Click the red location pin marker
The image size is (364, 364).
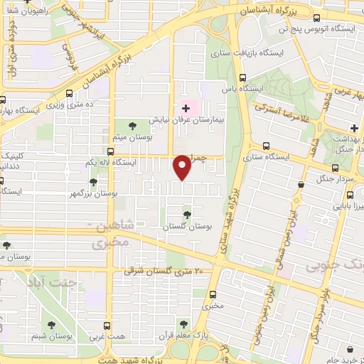pos(183,166)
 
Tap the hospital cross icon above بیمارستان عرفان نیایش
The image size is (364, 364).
pos(186,109)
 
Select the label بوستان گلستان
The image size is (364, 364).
pos(188,225)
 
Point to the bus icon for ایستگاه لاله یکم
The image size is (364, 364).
pos(110,151)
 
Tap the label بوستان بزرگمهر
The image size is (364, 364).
pos(93,193)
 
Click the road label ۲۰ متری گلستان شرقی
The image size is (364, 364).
pos(164,271)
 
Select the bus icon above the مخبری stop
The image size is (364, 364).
pos(212,295)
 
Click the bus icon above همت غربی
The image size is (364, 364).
pos(107,326)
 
